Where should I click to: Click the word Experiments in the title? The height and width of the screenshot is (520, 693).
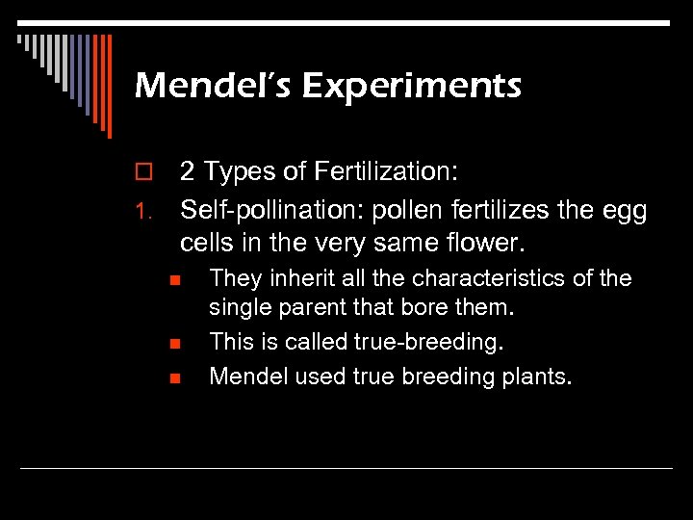point(411,87)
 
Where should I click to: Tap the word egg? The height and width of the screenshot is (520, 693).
point(626,209)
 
